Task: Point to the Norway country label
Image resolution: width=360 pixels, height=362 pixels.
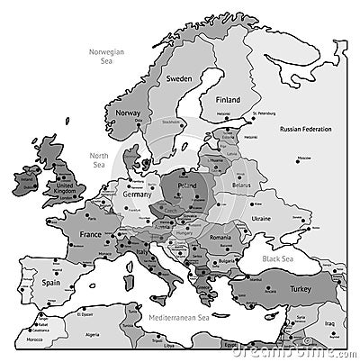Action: (x=128, y=113)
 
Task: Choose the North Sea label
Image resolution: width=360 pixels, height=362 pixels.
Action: (x=99, y=159)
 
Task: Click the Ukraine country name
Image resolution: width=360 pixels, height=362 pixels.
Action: (x=260, y=219)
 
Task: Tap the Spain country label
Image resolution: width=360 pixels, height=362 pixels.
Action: (x=50, y=282)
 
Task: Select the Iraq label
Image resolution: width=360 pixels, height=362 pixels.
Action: (x=329, y=321)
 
